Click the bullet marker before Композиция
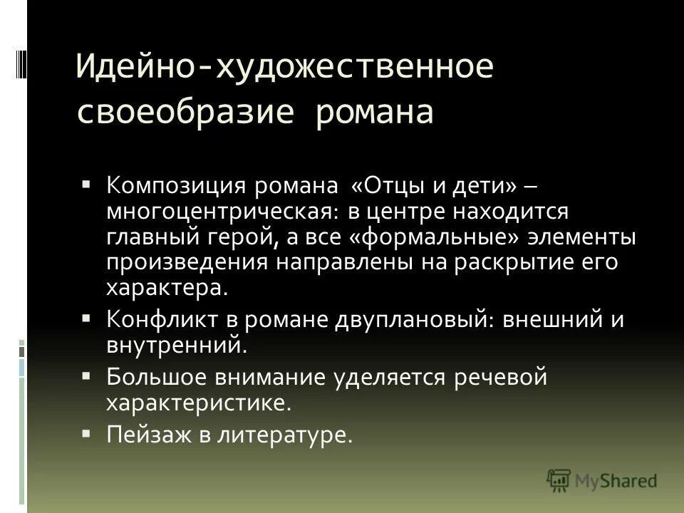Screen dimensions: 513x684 (86, 183)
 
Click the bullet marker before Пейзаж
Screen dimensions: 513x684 (86, 430)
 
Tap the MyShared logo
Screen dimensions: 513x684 (601, 480)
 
